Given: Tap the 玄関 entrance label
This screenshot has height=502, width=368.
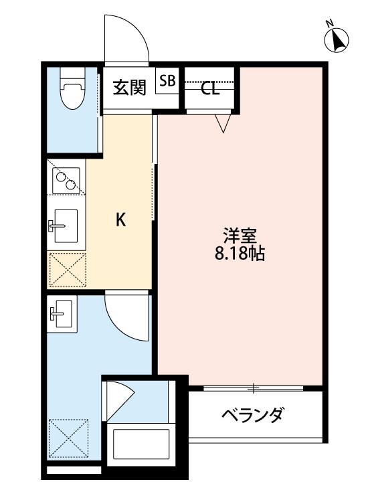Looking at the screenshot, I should (x=128, y=88).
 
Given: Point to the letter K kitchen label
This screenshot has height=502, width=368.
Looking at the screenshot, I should (x=120, y=220).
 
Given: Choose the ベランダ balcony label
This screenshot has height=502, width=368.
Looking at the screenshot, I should (x=252, y=415).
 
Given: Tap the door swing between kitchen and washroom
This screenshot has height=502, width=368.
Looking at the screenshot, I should (x=127, y=317).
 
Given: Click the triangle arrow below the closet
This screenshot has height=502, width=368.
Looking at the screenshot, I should (x=223, y=122).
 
